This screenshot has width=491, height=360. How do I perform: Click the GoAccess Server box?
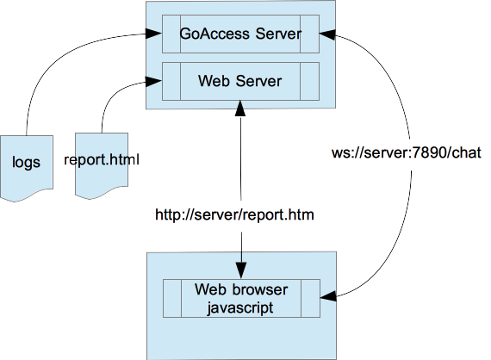(240, 35)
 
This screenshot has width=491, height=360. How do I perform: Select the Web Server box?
(240, 82)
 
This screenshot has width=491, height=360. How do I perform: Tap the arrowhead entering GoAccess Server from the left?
(154, 35)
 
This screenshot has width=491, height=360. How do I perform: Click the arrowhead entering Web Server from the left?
(154, 82)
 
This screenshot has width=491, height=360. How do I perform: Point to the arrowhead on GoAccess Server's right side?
(327, 35)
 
